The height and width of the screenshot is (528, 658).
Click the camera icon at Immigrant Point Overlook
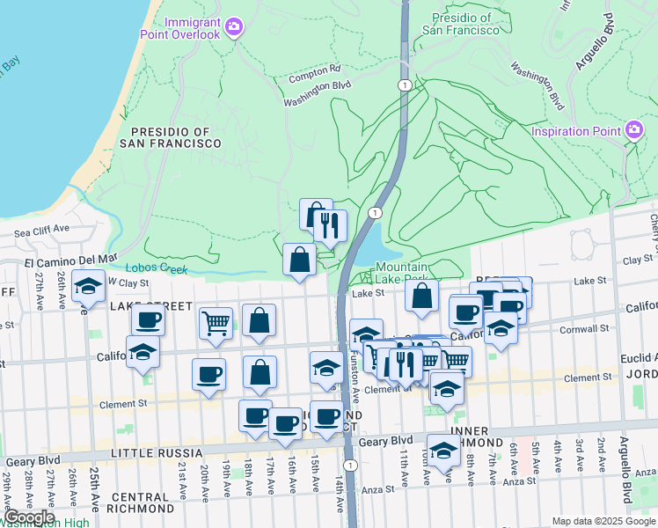[x=233, y=27]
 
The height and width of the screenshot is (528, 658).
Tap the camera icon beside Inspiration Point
[x=634, y=132]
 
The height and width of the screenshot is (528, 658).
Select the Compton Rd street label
[x=315, y=70]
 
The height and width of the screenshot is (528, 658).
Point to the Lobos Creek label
[x=157, y=268]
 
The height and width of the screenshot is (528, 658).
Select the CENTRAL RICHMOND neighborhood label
[x=143, y=502]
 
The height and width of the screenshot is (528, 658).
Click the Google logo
[x=29, y=517]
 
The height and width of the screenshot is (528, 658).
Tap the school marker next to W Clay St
[x=88, y=286]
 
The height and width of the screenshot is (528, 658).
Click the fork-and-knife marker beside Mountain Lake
[x=330, y=226]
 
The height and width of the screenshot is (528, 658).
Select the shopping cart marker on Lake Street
[x=215, y=323]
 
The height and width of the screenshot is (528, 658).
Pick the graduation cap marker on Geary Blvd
[x=443, y=450]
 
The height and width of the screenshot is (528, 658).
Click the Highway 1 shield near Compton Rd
[x=404, y=84]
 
